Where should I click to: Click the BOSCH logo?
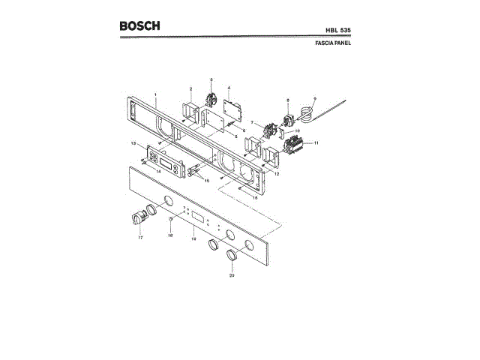(139, 26)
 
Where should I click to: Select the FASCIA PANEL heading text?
(333, 43)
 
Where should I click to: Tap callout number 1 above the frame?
(155, 94)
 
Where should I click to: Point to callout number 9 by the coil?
(315, 98)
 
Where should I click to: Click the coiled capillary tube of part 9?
(306, 114)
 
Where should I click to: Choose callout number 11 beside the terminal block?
(317, 142)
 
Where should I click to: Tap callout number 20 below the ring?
(232, 275)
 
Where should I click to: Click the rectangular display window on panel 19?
(198, 217)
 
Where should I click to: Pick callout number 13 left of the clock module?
(132, 142)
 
